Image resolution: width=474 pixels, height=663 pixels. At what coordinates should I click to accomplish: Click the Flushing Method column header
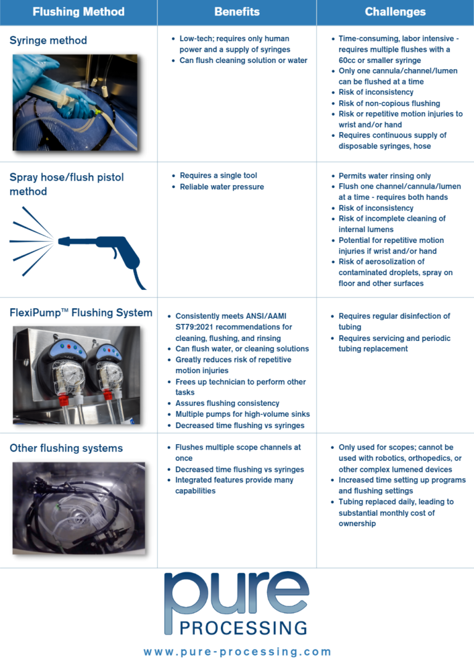pos(78,12)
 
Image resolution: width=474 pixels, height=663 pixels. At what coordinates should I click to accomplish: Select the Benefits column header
pos(237,12)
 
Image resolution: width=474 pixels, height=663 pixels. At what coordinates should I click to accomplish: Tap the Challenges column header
pos(395,12)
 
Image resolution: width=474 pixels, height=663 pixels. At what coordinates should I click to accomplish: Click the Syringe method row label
pos(48,41)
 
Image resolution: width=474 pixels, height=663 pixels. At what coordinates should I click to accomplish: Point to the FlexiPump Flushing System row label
pos(81,313)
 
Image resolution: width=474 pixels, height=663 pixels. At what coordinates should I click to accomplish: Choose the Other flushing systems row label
pos(66,448)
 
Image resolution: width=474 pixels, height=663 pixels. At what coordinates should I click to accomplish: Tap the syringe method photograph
pos(75,103)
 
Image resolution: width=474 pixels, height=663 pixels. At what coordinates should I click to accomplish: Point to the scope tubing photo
pos(79,508)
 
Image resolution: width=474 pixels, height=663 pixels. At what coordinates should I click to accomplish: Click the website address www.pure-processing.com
pos(237,652)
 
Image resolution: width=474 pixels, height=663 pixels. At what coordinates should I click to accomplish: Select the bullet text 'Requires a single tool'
pos(218,176)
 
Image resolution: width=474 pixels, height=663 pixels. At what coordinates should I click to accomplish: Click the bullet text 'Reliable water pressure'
pos(222,187)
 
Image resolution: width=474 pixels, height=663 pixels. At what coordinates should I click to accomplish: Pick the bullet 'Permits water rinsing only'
pos(385,176)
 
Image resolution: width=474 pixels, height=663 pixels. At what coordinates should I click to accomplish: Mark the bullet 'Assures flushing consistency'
pos(227,403)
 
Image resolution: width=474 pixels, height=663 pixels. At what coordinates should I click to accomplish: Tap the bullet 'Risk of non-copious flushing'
pos(389,103)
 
